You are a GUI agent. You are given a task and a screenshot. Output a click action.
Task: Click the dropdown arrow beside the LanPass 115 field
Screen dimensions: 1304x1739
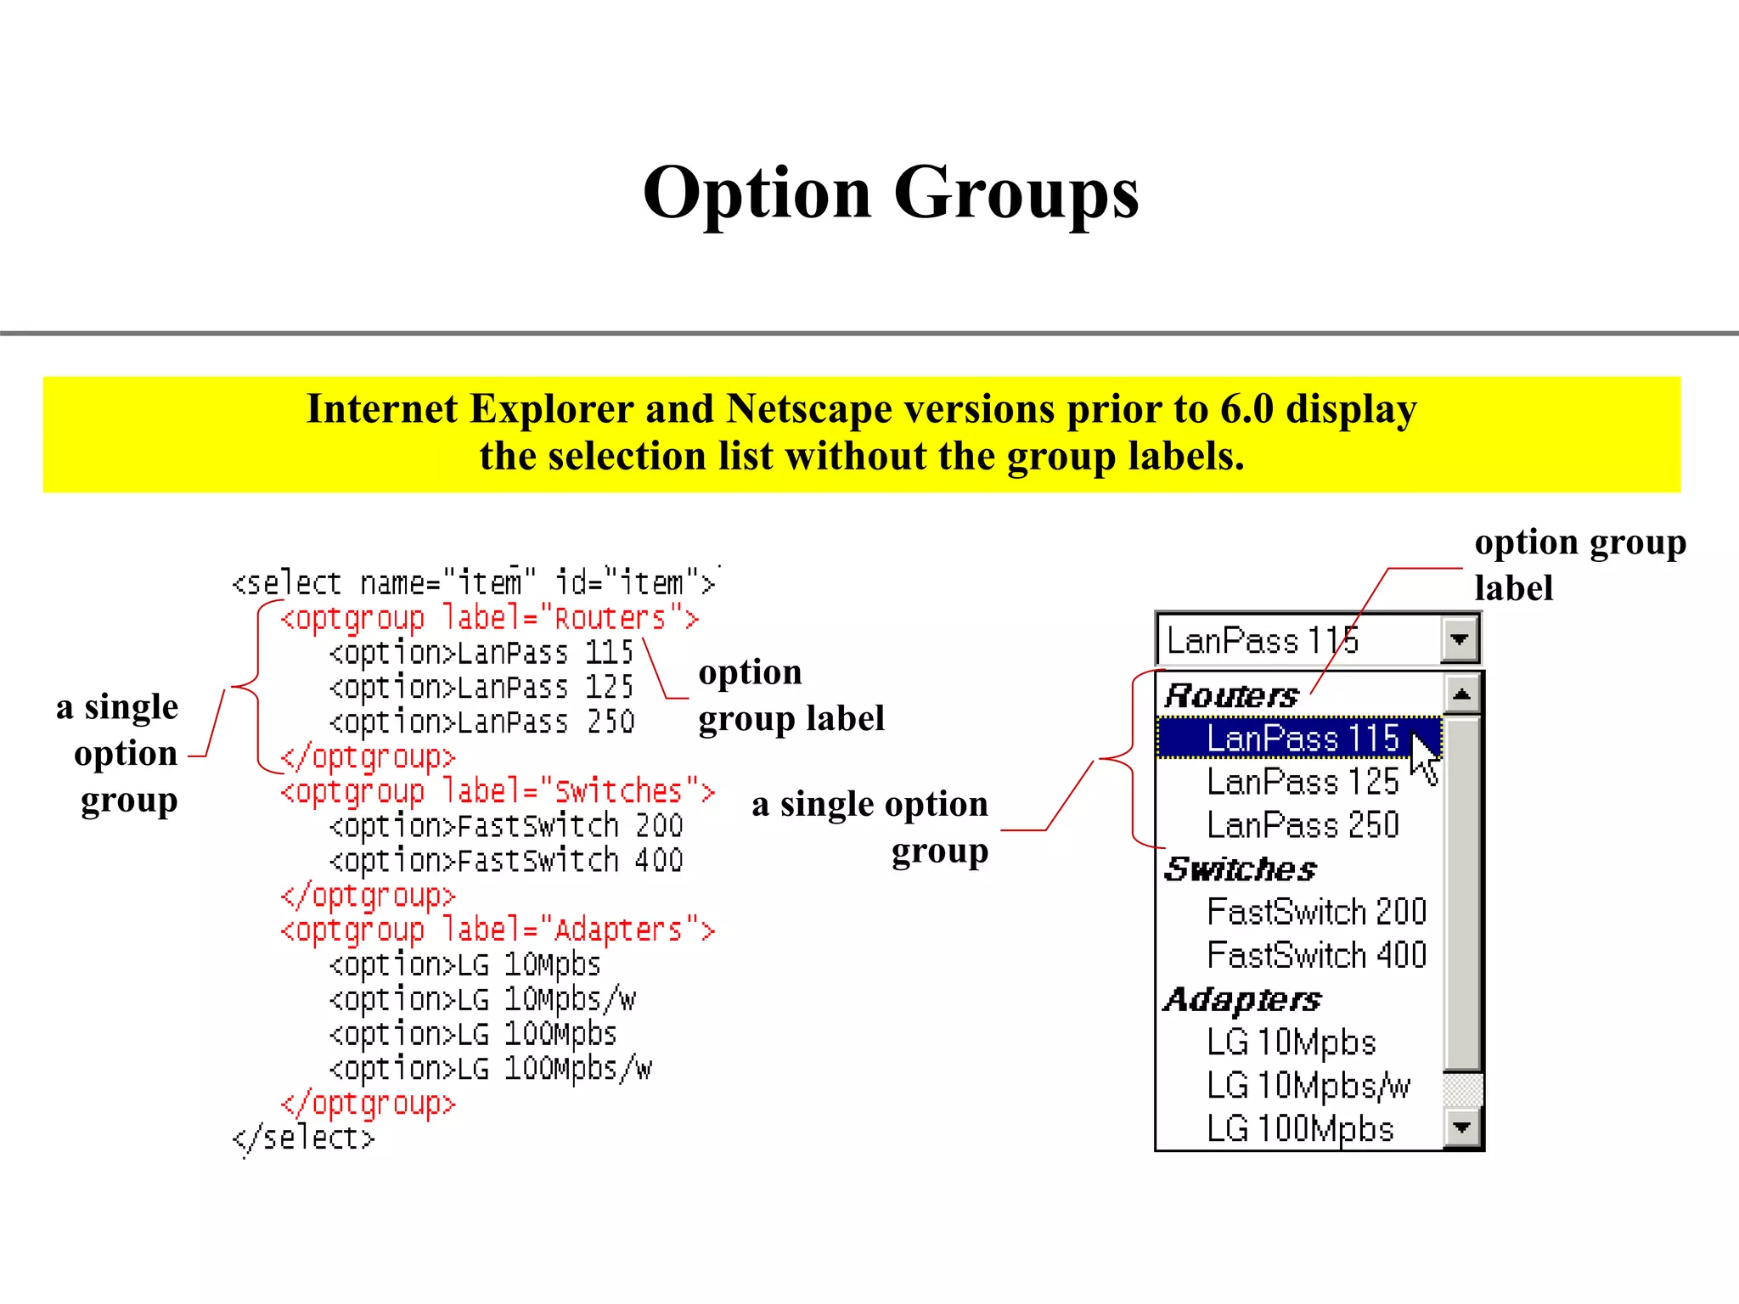click(x=1460, y=639)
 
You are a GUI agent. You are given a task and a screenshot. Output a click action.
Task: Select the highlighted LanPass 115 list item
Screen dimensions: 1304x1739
click(x=1301, y=738)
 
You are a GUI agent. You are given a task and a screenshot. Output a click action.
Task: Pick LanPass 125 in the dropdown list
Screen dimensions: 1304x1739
click(x=1303, y=782)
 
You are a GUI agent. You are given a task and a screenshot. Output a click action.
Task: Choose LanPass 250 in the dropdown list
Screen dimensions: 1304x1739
click(x=1303, y=825)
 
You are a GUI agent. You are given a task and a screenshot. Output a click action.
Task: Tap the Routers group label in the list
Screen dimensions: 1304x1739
click(x=1231, y=696)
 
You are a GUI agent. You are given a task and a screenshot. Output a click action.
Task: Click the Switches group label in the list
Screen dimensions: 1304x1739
click(x=1240, y=869)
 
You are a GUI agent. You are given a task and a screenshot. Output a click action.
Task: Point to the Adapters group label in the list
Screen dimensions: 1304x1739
click(x=1242, y=999)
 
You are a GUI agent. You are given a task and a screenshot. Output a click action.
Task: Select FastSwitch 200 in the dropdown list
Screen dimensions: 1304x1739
click(x=1316, y=912)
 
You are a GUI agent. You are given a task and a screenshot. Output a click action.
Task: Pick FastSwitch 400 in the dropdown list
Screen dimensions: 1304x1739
click(x=1316, y=955)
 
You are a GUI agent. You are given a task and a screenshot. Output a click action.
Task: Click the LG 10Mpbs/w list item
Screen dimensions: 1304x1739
click(x=1308, y=1086)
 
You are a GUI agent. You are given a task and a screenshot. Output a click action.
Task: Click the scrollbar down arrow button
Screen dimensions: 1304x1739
click(x=1461, y=1127)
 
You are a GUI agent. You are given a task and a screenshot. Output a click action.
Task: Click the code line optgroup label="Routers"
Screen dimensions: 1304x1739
click(x=490, y=619)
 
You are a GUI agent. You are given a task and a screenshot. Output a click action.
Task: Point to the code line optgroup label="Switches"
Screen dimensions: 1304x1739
click(x=498, y=792)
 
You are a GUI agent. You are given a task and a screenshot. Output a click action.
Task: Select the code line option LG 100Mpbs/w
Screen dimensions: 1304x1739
click(x=491, y=1069)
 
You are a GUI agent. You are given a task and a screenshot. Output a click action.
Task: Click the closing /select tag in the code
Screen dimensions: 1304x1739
click(x=303, y=1138)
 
